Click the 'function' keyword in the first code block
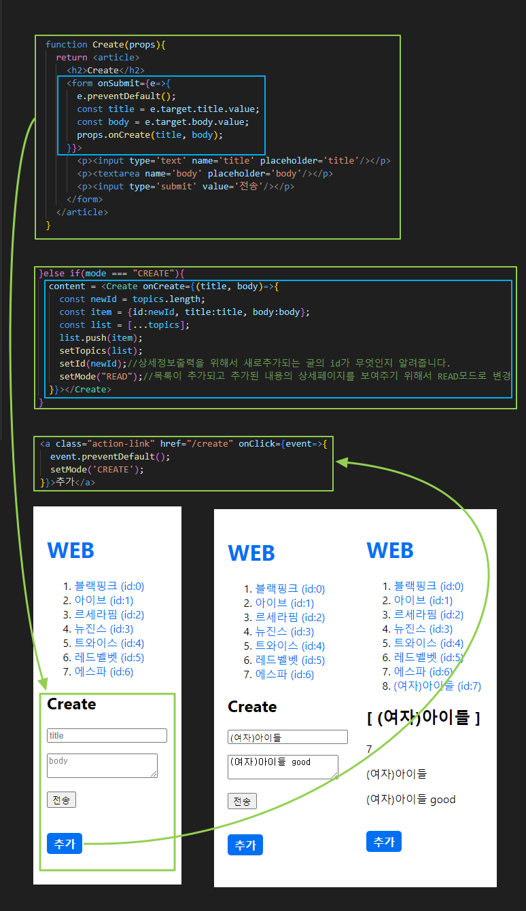[66, 45]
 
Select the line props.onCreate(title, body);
[150, 135]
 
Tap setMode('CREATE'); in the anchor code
[97, 469]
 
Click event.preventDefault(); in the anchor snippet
[110, 456]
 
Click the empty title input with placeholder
[107, 735]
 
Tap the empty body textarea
[102, 765]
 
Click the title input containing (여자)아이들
[287, 737]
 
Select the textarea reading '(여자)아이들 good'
[283, 767]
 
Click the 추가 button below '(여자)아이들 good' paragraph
[384, 841]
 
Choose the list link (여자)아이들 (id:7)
[437, 686]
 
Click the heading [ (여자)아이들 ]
[423, 718]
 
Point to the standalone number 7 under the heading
[369, 749]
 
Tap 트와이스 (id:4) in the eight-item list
[428, 643]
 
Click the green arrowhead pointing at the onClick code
[341, 462]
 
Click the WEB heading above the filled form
[251, 553]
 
